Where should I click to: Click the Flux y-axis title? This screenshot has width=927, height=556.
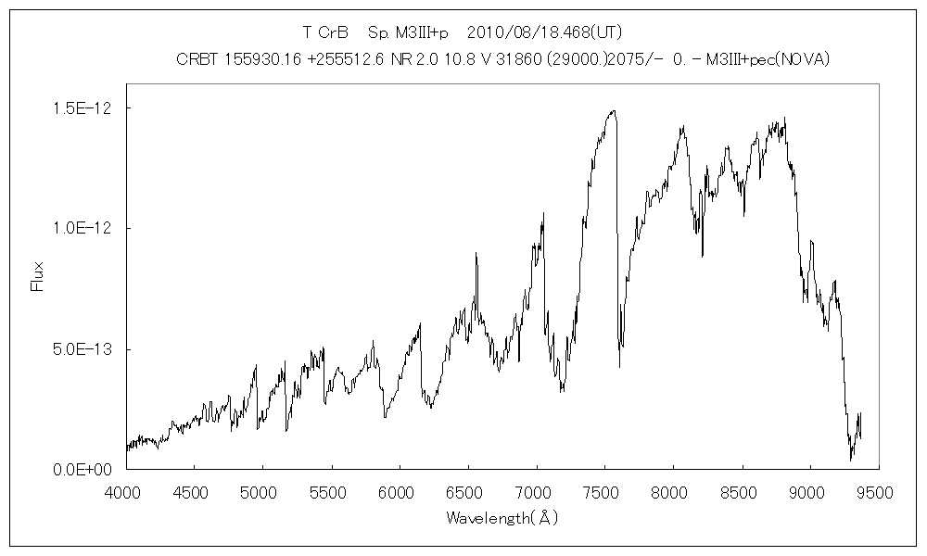(38, 276)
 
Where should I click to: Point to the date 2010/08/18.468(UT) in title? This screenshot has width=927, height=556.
(538, 32)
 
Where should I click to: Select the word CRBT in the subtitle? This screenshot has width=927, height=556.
(198, 60)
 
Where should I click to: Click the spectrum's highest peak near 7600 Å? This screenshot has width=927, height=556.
(613, 111)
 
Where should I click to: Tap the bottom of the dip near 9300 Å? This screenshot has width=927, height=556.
(851, 459)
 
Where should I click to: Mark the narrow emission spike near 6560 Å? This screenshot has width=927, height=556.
(476, 253)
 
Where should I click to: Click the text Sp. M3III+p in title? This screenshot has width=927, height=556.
(408, 32)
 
